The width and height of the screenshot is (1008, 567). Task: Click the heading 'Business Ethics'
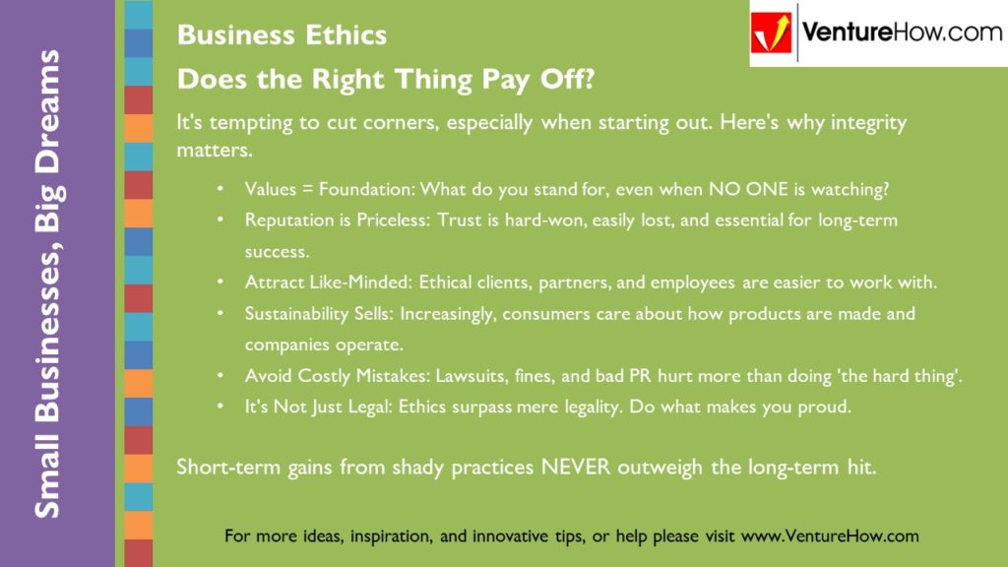282,36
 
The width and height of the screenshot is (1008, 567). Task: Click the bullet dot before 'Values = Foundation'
221,189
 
